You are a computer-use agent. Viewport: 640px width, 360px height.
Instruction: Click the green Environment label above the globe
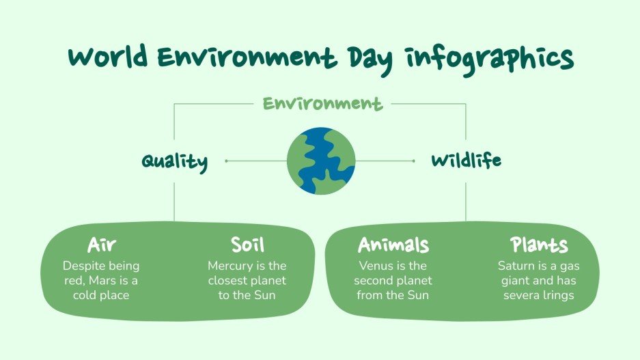[322, 104]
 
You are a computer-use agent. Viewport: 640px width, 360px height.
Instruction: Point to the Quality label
[174, 162]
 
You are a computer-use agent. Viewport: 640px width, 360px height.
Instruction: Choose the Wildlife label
[466, 161]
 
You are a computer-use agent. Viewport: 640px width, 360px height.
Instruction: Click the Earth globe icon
[320, 161]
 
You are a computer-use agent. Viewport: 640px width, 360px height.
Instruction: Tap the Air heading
[101, 245]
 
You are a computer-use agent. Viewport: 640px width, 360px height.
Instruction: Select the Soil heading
[247, 245]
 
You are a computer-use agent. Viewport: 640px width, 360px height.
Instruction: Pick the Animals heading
[393, 245]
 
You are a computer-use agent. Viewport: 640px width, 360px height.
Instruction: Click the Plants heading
[539, 245]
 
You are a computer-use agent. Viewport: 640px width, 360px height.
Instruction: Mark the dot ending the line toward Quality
[226, 161]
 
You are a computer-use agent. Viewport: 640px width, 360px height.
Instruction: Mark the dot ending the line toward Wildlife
[414, 161]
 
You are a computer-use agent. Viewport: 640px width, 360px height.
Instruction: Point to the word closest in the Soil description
[228, 280]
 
